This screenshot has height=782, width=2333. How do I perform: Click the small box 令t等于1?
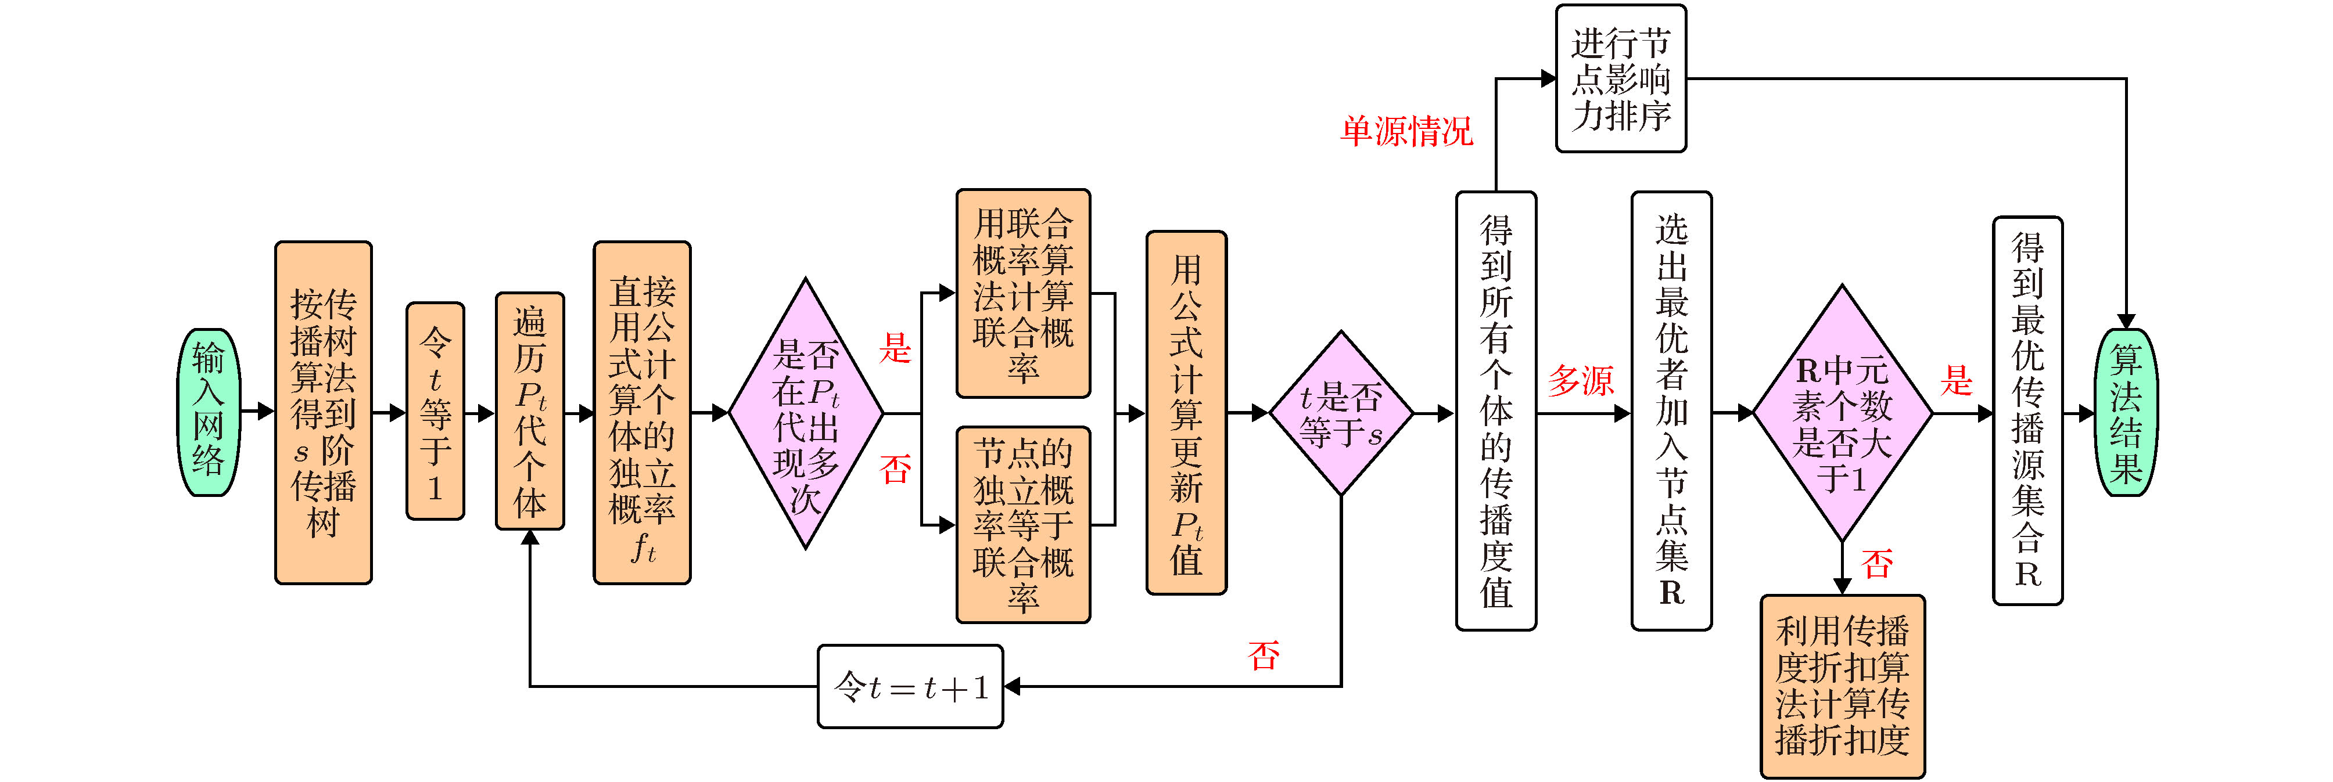436,412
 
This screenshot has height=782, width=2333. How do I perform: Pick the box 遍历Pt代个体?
530,412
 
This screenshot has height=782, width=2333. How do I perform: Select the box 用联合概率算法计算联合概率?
1024,293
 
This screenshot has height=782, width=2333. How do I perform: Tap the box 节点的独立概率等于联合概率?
1024,525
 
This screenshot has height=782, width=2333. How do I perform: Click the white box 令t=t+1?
910,687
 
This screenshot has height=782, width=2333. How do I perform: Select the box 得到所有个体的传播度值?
1495,411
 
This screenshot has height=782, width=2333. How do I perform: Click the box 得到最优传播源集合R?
2028,411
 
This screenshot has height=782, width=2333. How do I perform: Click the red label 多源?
1580,380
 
